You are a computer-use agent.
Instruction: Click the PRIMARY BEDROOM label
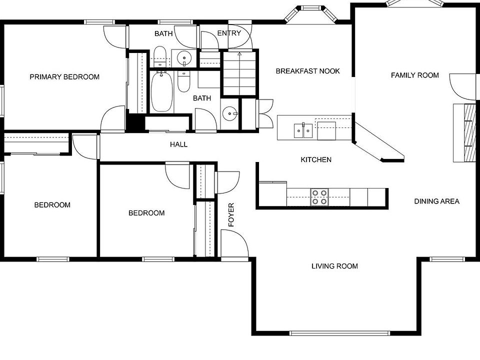64,77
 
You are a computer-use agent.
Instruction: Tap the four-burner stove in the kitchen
319,197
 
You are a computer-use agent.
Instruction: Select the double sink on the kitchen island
303,130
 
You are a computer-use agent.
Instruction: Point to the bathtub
161,92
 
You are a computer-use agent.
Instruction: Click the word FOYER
231,215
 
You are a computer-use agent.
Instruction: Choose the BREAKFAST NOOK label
307,71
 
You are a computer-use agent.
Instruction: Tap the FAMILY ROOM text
414,75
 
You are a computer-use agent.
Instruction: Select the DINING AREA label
436,201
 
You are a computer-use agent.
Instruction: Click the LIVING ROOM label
334,266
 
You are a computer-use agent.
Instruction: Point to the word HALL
178,144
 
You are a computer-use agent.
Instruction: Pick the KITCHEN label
315,160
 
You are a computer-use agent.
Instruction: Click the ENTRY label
229,33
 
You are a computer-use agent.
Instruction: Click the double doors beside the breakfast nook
263,114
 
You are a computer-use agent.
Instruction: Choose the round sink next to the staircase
230,114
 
